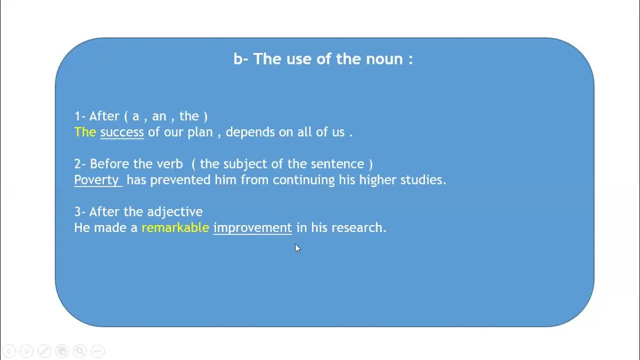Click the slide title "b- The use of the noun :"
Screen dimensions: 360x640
[323, 59]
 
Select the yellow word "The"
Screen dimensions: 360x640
[85, 132]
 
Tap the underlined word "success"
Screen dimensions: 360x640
[122, 132]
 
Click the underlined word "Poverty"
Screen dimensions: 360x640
[96, 180]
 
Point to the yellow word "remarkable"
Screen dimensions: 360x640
[175, 227]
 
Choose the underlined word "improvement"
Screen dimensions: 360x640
[252, 227]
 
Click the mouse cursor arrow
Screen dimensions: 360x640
[297, 248]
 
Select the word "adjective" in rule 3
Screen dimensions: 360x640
[174, 212]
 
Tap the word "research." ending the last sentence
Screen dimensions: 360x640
[359, 227]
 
